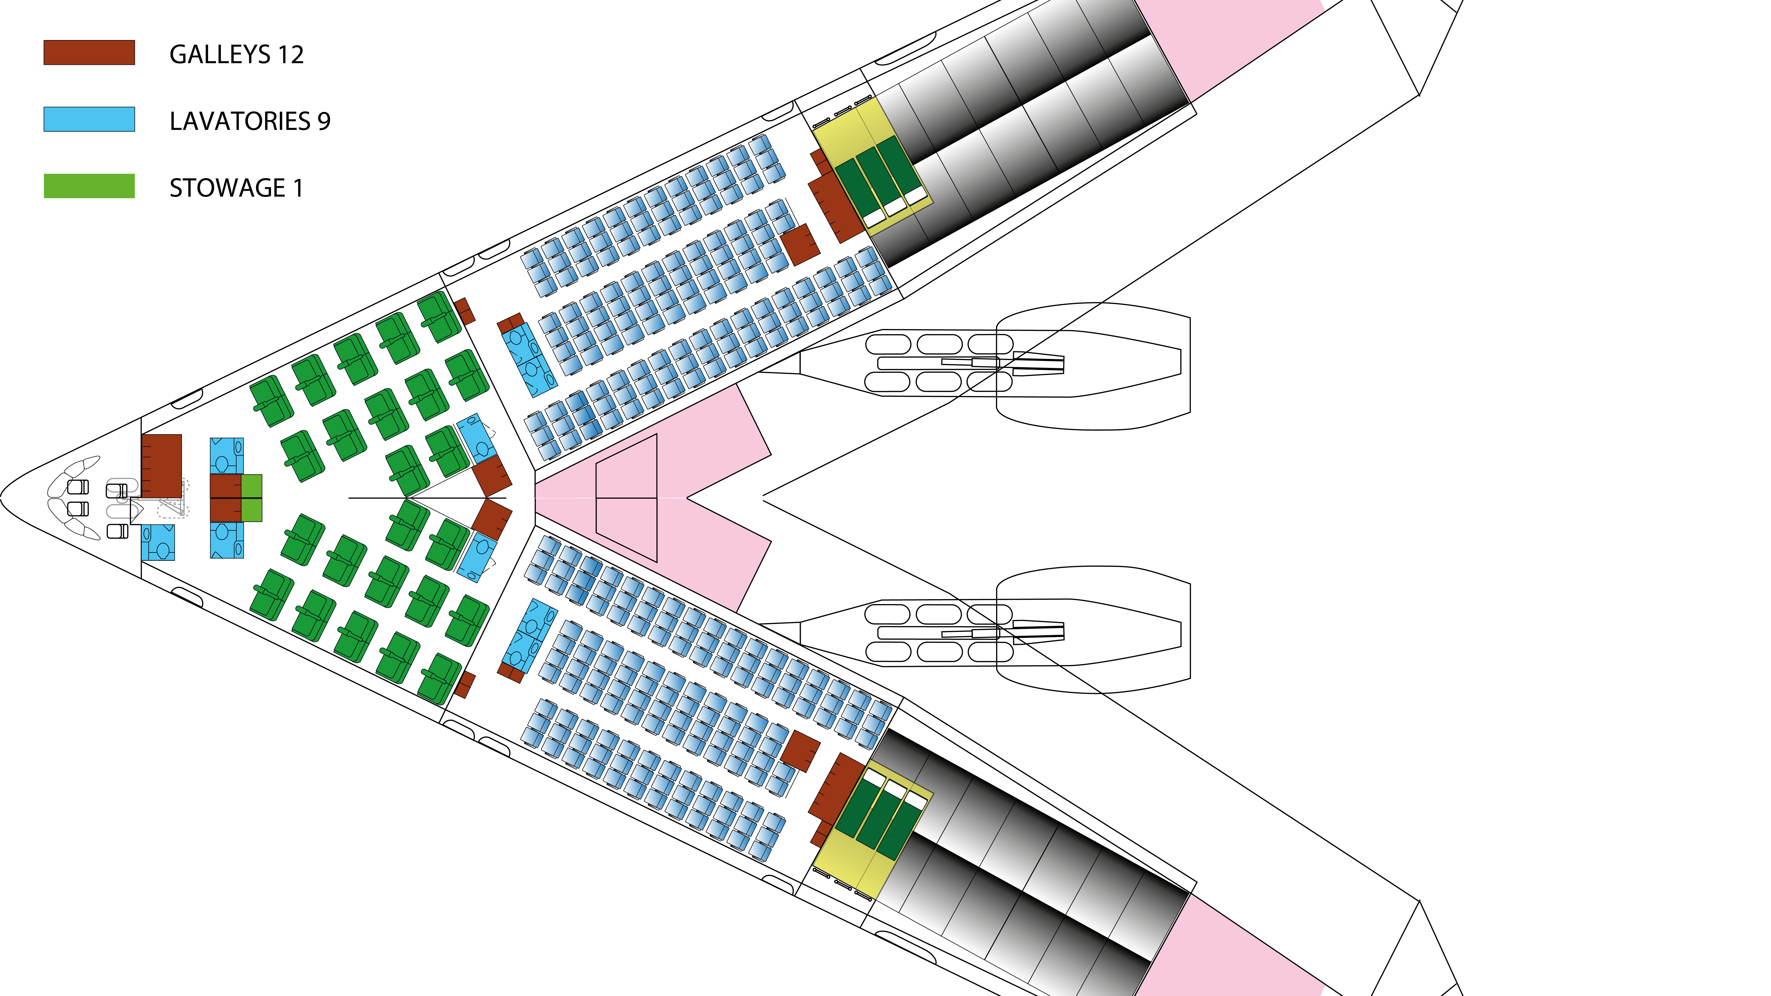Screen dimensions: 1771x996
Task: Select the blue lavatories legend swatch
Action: pyautogui.click(x=89, y=119)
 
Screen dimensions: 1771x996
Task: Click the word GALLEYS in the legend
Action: pyautogui.click(x=220, y=54)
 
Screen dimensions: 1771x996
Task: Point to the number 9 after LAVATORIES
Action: pyautogui.click(x=324, y=121)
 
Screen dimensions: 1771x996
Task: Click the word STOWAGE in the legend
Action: pyautogui.click(x=227, y=188)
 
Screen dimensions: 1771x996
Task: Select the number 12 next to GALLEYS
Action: pyautogui.click(x=291, y=54)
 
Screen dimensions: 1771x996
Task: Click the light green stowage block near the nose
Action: pyautogui.click(x=252, y=498)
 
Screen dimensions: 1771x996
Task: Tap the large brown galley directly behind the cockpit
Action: pyautogui.click(x=162, y=465)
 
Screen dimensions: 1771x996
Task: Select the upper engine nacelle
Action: pyautogui.click(x=1093, y=366)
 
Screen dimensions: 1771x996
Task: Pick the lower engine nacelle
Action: pyautogui.click(x=1093, y=630)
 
